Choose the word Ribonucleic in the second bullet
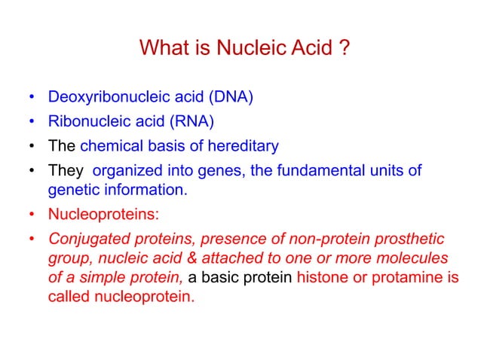(84, 122)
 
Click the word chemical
(108, 146)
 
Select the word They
(65, 171)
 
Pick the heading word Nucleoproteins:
(103, 213)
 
